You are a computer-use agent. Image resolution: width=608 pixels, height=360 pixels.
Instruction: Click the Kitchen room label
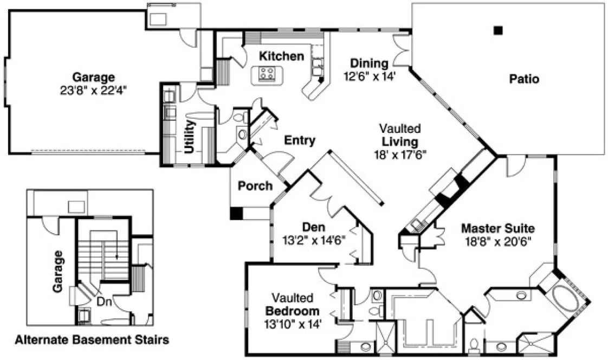click(281, 56)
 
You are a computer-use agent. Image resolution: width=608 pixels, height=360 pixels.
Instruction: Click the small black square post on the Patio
click(497, 30)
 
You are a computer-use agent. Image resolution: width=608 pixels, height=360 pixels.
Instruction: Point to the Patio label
click(524, 79)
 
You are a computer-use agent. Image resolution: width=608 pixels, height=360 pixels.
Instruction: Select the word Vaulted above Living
click(400, 129)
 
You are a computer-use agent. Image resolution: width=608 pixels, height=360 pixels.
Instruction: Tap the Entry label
click(300, 141)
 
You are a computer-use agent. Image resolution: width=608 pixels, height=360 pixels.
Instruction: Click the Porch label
click(255, 186)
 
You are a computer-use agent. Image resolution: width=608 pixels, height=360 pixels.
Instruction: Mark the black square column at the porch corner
click(235, 213)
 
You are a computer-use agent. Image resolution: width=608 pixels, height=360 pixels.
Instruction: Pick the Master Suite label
click(498, 228)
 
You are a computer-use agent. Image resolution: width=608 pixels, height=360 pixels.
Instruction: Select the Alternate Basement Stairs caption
click(91, 340)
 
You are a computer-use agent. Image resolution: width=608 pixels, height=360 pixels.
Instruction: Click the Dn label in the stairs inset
click(104, 302)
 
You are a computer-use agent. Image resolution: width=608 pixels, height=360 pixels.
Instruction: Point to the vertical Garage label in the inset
click(58, 271)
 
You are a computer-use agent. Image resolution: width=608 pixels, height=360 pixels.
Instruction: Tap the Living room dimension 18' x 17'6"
click(399, 154)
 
